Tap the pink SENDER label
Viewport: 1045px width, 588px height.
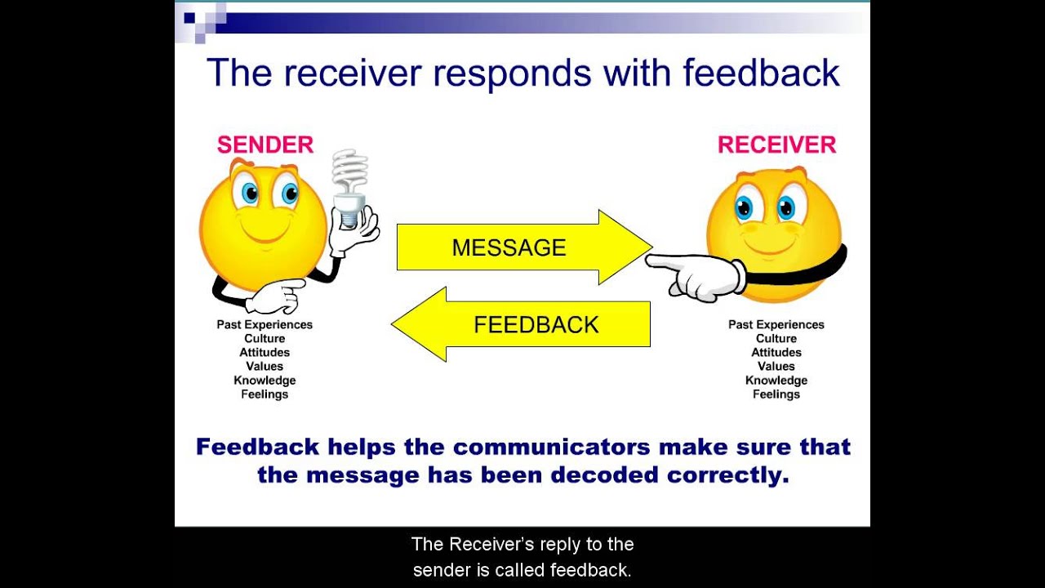(x=265, y=145)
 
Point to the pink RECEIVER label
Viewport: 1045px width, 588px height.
(x=776, y=145)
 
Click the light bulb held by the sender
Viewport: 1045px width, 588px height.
(x=349, y=188)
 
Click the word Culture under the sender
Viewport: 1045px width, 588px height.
(x=265, y=339)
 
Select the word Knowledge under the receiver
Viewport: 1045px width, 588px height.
(x=776, y=381)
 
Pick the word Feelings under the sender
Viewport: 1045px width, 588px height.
(x=265, y=394)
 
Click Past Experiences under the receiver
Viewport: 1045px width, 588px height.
(x=776, y=325)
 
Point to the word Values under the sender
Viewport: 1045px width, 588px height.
(x=265, y=367)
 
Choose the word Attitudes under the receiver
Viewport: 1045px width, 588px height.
(x=776, y=353)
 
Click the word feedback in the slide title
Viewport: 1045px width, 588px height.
(x=761, y=73)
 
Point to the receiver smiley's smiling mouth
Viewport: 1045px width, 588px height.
(x=767, y=245)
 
